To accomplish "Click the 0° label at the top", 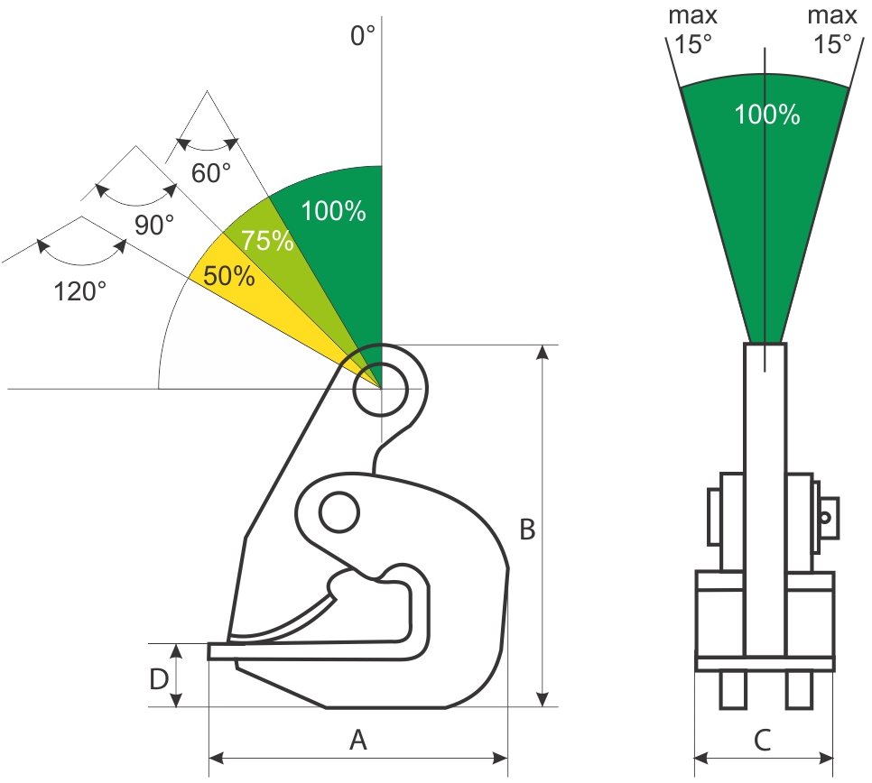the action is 363,35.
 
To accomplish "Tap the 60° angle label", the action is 210,173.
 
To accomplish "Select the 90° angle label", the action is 154,225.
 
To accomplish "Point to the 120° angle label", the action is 79,291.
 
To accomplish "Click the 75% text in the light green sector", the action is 267,241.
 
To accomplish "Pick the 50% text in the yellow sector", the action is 229,276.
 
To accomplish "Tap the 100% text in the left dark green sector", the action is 334,211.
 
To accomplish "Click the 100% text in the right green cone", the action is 767,115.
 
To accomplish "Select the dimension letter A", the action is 358,741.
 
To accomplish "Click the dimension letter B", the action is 527,530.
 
